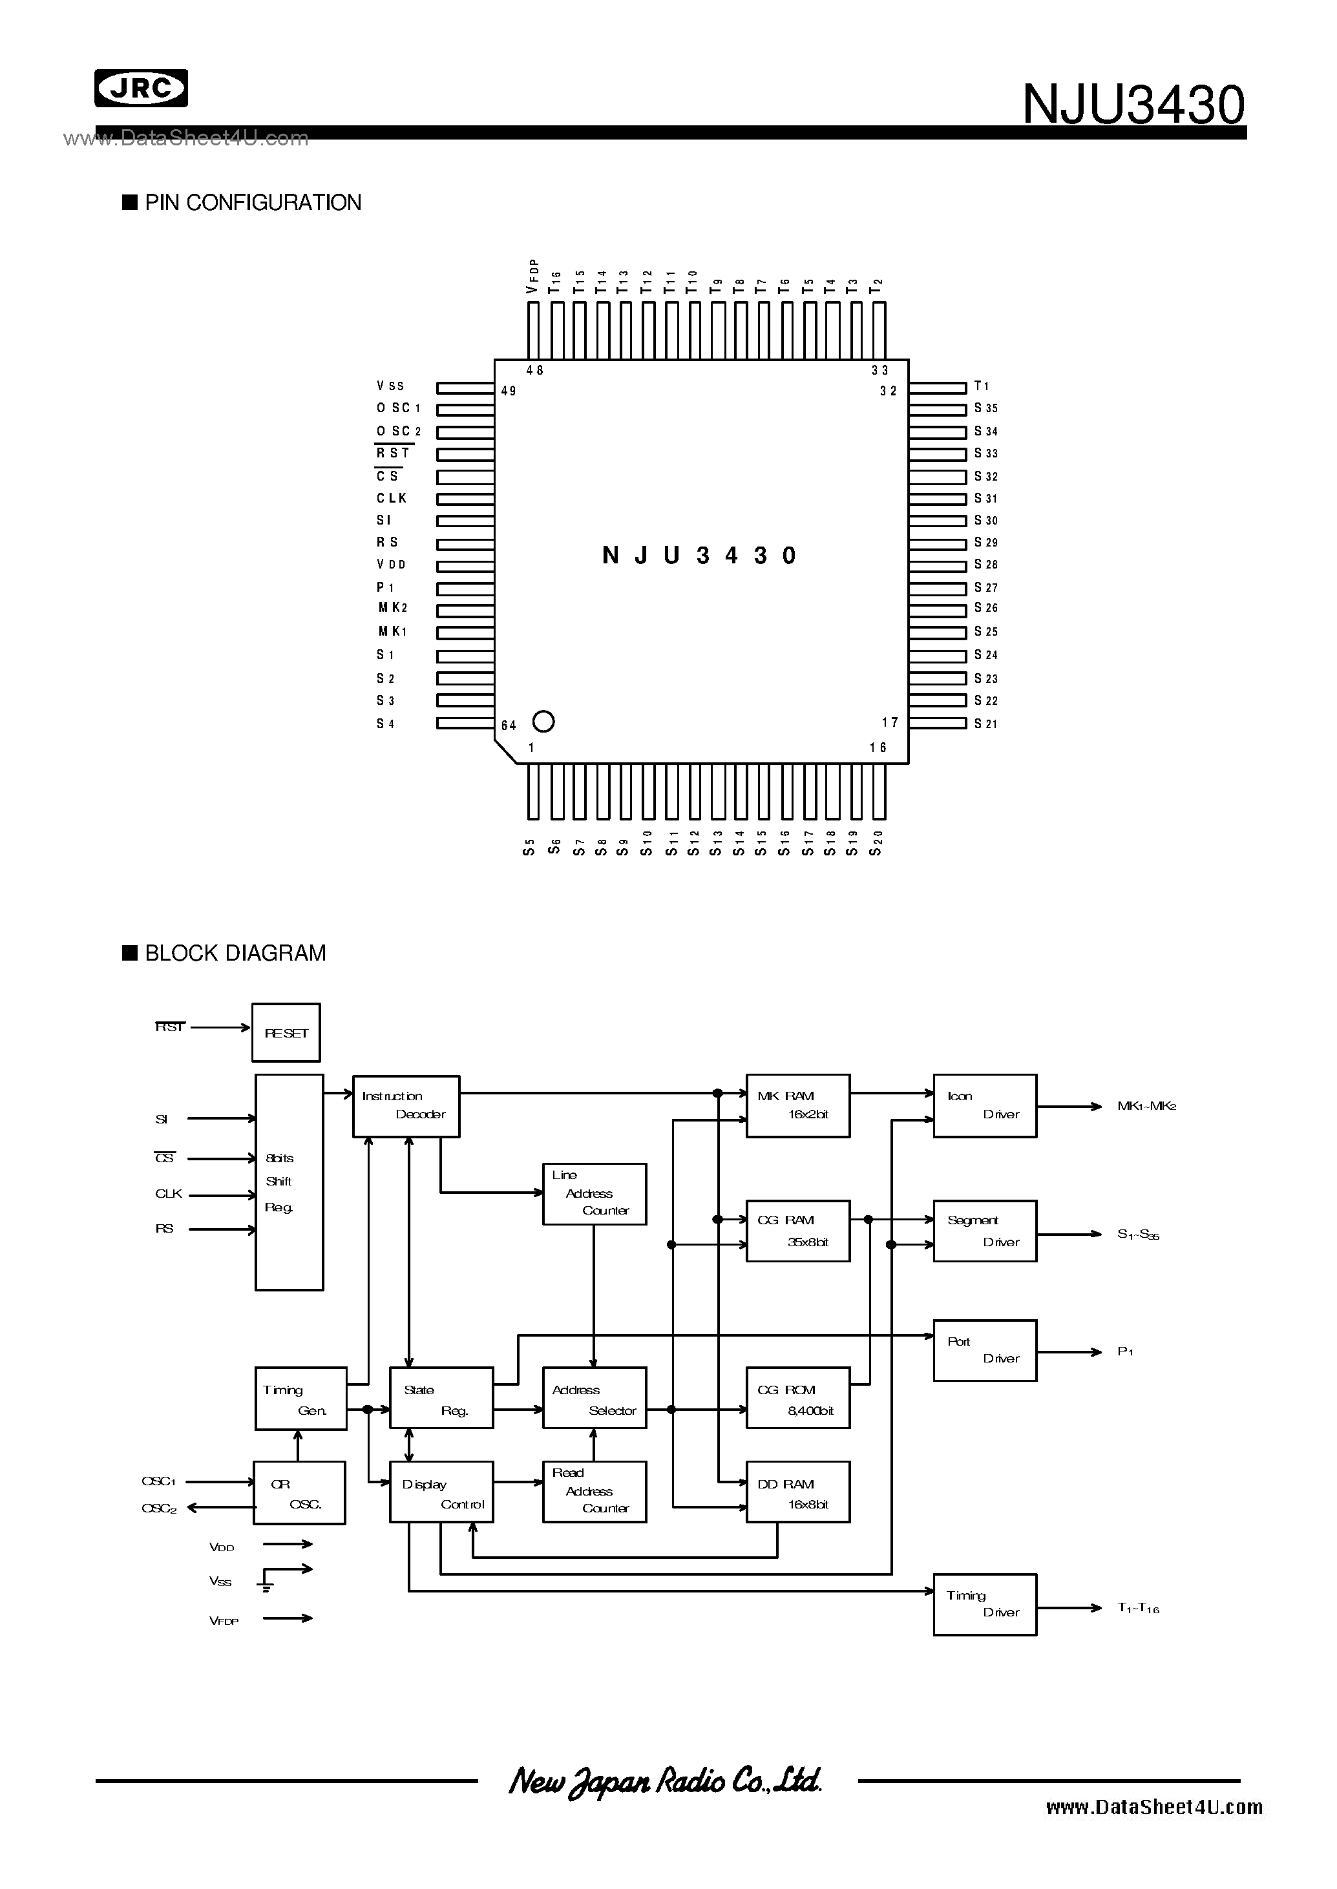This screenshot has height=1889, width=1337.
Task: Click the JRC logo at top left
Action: (141, 88)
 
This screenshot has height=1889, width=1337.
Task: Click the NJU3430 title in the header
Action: (1133, 105)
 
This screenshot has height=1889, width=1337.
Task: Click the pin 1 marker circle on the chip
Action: (543, 721)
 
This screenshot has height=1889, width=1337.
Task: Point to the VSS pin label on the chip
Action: (390, 386)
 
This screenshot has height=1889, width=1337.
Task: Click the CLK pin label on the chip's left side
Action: (392, 498)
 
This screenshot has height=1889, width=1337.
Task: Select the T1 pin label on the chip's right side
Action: (982, 386)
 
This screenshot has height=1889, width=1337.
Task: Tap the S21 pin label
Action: (985, 724)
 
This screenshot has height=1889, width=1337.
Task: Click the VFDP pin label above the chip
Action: (532, 276)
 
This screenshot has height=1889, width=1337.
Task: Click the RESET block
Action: (286, 1033)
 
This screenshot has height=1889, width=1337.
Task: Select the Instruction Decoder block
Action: (406, 1106)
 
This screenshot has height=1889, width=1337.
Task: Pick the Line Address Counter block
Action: (595, 1193)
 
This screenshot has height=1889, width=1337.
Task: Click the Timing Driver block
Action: (985, 1604)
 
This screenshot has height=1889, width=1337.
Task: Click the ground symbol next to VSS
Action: (266, 1585)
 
